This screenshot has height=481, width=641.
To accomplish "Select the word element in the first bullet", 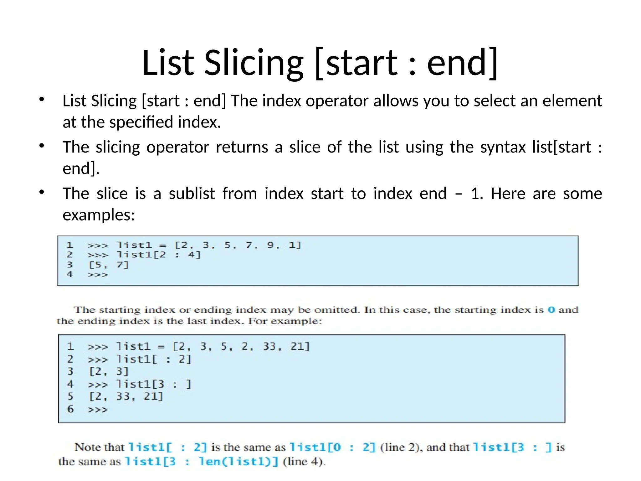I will (572, 101).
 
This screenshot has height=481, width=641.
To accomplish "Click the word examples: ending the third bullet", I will (99, 215).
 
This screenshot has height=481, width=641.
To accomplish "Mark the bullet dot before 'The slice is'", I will (42, 192).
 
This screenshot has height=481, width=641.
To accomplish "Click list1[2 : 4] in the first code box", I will (158, 255).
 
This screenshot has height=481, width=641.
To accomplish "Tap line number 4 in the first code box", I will (69, 274).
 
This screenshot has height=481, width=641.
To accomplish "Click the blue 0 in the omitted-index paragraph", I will (551, 310).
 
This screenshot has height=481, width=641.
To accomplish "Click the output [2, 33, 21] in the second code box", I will (126, 396).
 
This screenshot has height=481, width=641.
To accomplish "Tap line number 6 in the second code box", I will (70, 409).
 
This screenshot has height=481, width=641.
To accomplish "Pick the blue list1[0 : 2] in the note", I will (332, 447).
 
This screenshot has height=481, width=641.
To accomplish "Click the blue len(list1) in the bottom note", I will (238, 462).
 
